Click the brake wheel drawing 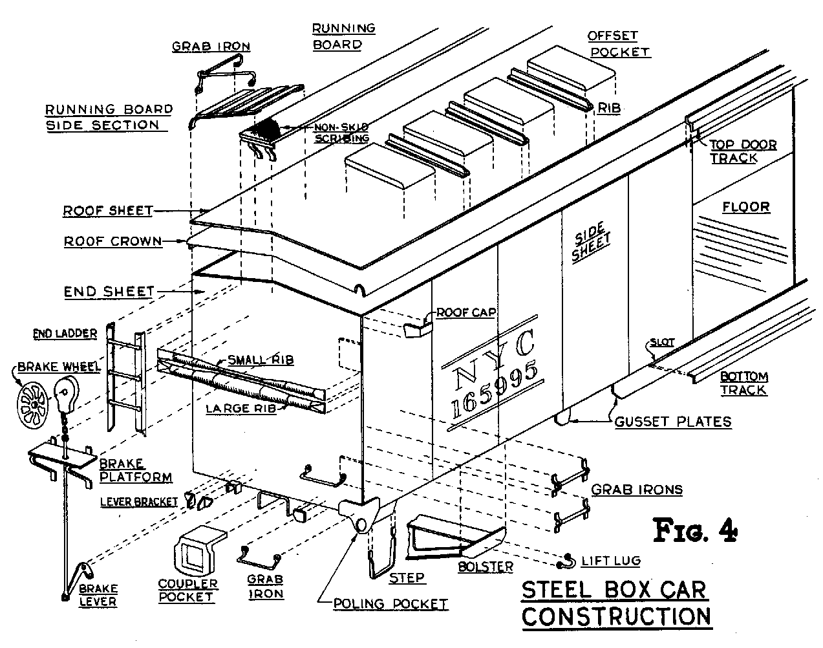(30, 405)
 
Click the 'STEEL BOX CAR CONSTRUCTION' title (615, 603)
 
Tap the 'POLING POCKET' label (390, 604)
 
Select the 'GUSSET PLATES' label (672, 422)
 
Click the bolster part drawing (453, 537)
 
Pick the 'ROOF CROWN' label (112, 241)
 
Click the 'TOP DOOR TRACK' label (743, 151)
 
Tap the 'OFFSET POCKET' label (619, 43)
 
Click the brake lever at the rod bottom (78, 579)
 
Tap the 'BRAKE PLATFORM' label (136, 471)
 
